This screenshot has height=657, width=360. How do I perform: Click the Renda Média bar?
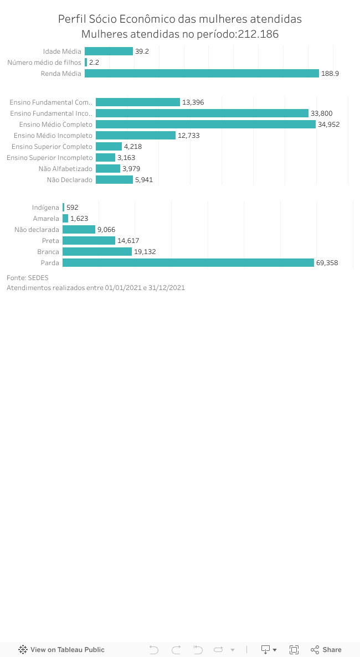pyautogui.click(x=202, y=74)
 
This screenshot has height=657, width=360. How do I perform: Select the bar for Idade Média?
pyautogui.click(x=109, y=51)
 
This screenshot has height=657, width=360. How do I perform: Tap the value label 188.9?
pyautogui.click(x=330, y=74)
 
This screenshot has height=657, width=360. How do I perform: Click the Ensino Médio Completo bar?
pyautogui.click(x=205, y=125)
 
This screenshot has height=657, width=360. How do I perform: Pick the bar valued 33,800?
pyautogui.click(x=202, y=113)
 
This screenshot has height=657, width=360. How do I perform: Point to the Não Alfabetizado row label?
pyautogui.click(x=65, y=169)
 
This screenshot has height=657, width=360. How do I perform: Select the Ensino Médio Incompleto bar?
pyautogui.click(x=135, y=136)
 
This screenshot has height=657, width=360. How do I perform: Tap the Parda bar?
pyautogui.click(x=188, y=263)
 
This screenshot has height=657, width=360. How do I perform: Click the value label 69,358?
pyautogui.click(x=327, y=263)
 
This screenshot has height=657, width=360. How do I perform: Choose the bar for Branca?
pyautogui.click(x=97, y=252)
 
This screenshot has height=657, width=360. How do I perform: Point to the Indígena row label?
pyautogui.click(x=45, y=208)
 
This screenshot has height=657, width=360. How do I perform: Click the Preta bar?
pyautogui.click(x=89, y=241)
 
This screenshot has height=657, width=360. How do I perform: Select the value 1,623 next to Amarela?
pyautogui.click(x=79, y=219)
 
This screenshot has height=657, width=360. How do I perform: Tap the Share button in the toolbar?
pyautogui.click(x=326, y=650)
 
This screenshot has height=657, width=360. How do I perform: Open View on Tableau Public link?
pyautogui.click(x=61, y=650)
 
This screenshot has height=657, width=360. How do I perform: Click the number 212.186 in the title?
pyautogui.click(x=258, y=34)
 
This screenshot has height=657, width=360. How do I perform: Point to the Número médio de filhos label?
pyautogui.click(x=44, y=63)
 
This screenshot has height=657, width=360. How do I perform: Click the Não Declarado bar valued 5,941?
pyautogui.click(x=114, y=180)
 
